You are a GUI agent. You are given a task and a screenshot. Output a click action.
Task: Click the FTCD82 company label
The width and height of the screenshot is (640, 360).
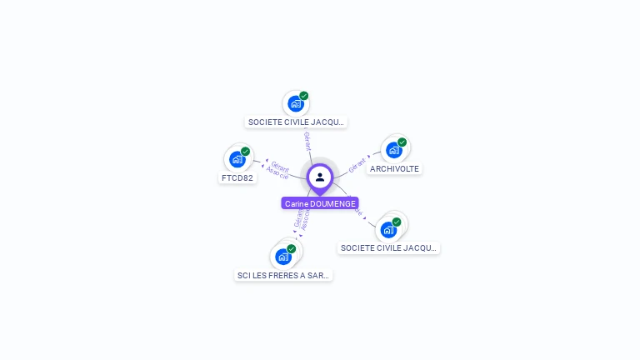(x=237, y=177)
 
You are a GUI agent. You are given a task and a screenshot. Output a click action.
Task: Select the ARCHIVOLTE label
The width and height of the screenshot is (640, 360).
(x=394, y=168)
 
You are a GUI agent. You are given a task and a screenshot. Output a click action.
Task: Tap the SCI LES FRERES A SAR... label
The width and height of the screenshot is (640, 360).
(x=283, y=275)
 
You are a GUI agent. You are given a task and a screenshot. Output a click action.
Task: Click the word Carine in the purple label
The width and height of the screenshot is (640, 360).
(x=296, y=203)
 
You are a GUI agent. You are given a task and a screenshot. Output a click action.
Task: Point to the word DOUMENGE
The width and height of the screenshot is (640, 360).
(x=332, y=203)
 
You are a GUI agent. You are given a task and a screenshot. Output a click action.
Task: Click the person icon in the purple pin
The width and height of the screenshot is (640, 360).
(x=320, y=177)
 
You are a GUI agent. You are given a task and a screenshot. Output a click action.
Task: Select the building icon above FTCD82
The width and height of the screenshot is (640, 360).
(x=237, y=158)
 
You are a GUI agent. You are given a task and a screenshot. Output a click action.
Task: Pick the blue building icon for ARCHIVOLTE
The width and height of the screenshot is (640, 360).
(x=394, y=150)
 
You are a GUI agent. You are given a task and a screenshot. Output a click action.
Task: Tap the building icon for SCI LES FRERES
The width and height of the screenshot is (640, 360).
(x=283, y=256)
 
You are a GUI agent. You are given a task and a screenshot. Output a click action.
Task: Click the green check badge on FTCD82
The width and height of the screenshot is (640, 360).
(x=245, y=152)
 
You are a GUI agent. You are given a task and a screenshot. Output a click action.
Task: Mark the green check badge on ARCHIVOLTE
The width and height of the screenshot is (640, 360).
(x=402, y=142)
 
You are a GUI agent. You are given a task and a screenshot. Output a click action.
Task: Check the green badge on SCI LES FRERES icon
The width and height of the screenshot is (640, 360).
(x=291, y=249)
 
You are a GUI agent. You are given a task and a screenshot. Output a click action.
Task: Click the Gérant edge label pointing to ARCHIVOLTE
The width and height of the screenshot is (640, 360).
(x=357, y=163)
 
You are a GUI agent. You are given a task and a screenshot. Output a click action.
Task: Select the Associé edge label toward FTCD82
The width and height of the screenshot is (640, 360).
(x=277, y=173)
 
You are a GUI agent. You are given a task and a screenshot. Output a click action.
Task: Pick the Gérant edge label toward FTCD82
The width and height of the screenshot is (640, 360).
(x=280, y=166)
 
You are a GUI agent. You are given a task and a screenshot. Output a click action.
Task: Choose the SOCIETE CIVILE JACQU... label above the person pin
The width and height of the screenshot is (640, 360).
(x=297, y=122)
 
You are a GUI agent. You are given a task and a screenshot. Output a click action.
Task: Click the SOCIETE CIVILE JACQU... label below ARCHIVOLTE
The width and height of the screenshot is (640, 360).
(x=388, y=247)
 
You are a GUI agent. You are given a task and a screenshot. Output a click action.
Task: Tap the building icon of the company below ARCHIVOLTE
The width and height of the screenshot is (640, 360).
(x=389, y=229)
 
